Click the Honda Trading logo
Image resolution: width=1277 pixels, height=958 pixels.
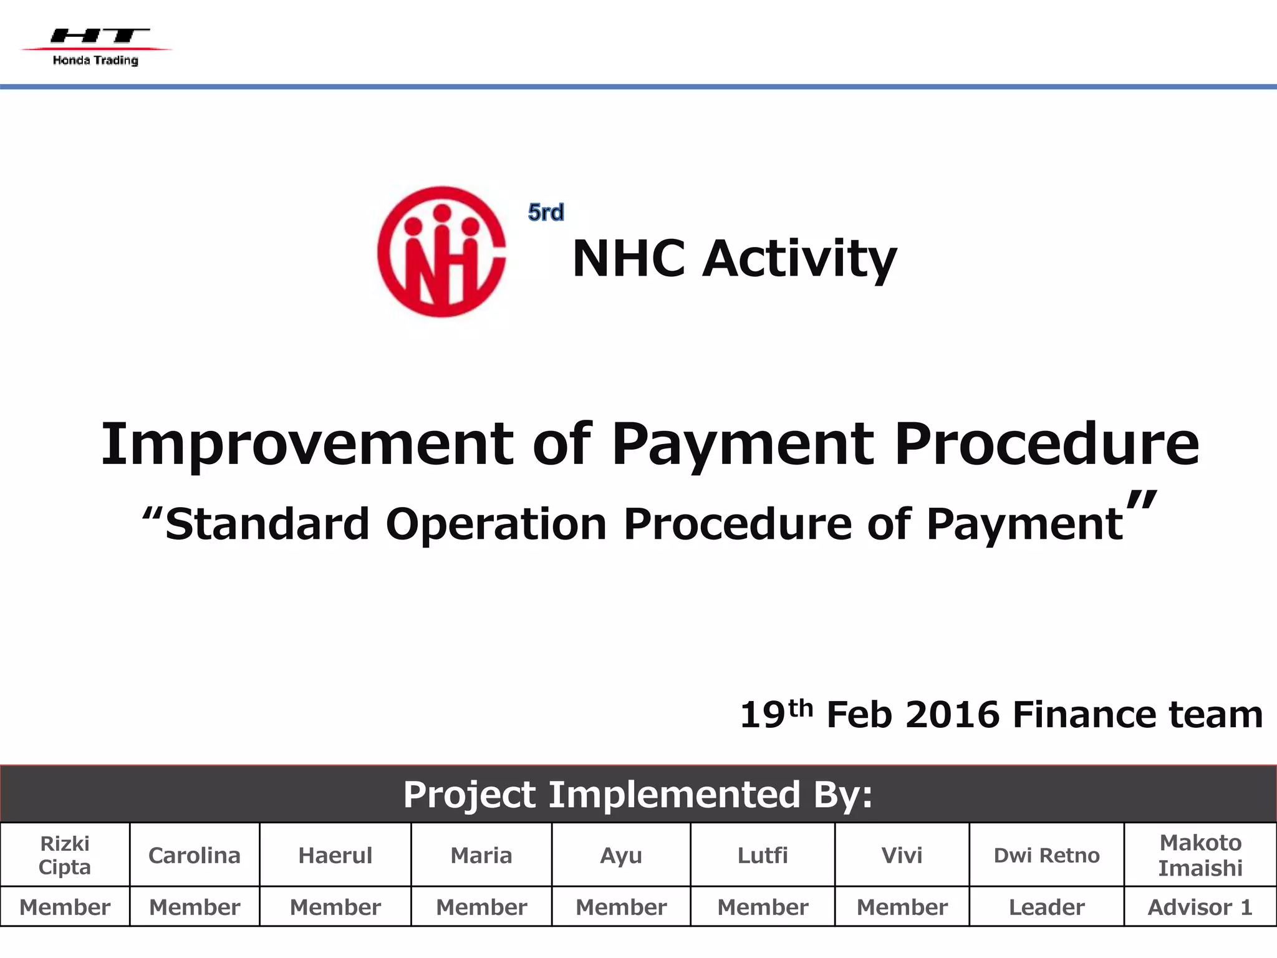pos(96,46)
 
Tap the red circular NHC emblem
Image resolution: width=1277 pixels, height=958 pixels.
pos(441,251)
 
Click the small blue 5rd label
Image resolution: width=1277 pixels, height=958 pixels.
pos(546,213)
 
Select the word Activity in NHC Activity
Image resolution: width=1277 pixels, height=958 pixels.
pos(799,259)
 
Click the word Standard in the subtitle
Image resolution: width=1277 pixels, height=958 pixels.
pos(267,524)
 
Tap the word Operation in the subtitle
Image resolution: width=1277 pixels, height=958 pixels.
pos(496,524)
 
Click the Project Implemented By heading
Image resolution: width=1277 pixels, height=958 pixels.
pos(637,795)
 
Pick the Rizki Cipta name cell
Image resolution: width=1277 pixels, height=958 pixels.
pos(65,855)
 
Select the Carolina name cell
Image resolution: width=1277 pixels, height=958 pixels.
pos(195,855)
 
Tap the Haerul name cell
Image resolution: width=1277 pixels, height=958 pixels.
pos(335,855)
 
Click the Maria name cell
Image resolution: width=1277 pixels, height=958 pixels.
pos(481,855)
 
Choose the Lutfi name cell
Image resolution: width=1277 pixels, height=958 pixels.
pos(763,855)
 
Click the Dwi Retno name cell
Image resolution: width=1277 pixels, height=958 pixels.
pos(1046,855)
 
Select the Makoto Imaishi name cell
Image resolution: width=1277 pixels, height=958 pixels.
pos(1200,855)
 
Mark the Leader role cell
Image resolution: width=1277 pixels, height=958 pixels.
pos(1046,907)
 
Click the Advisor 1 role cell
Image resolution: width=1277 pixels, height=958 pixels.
pos(1200,907)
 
